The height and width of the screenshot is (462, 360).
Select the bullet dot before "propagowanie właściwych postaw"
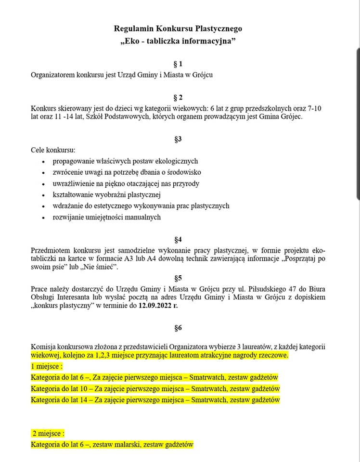tap(43, 162)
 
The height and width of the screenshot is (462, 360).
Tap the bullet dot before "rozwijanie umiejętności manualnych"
tap(43, 218)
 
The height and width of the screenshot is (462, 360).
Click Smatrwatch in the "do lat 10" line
tap(208, 388)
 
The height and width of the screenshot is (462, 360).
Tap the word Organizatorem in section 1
tap(54, 75)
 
